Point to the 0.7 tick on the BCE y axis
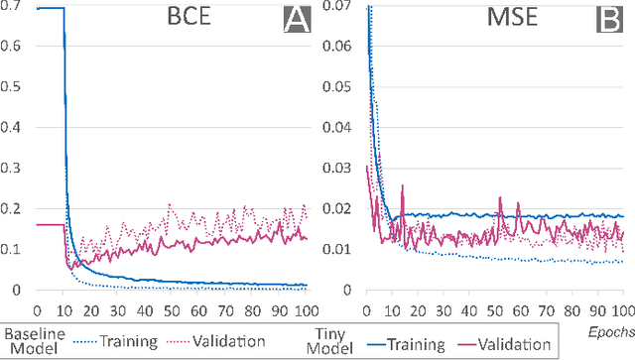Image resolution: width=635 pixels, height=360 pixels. pos(14,8)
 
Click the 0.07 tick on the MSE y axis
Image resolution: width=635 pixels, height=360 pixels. pos(337,8)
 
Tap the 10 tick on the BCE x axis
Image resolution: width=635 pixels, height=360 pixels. pos(63,307)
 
